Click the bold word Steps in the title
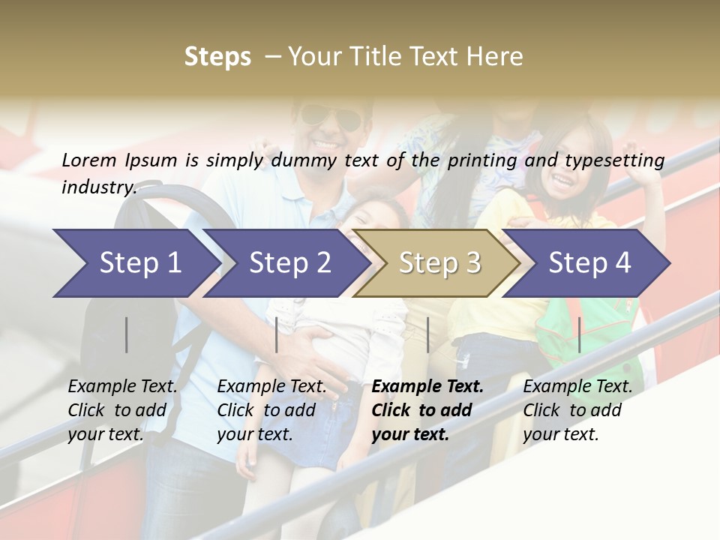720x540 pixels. coord(217,57)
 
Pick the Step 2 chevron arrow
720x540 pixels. coord(287,263)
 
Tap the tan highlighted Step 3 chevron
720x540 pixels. coord(437,263)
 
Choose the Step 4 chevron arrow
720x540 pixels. coord(587,263)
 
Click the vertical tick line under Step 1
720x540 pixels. coord(127,334)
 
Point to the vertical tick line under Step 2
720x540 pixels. coord(277,334)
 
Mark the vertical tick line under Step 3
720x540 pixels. coord(428,334)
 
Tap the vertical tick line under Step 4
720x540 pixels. coord(580,334)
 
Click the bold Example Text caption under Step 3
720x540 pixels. coord(427,410)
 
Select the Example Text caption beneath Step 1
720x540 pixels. coord(122,410)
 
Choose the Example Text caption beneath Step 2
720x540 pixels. coord(271,410)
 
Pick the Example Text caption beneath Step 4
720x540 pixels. coord(577,410)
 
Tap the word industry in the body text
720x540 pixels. coord(98,187)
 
